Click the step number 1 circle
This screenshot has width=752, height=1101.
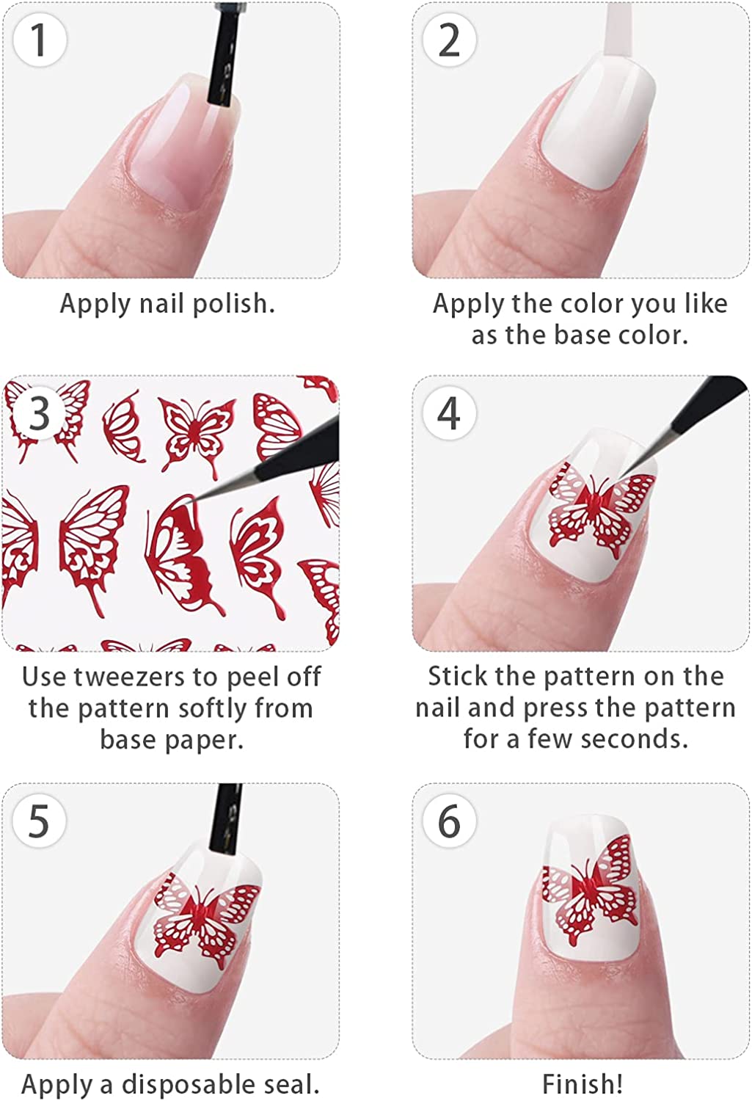pyautogui.click(x=40, y=40)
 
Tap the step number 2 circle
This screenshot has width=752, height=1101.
pyautogui.click(x=449, y=40)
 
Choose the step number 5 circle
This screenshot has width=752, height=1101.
pyautogui.click(x=40, y=821)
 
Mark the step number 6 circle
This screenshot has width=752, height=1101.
pyautogui.click(x=449, y=821)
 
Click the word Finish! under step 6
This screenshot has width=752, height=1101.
pyautogui.click(x=582, y=1083)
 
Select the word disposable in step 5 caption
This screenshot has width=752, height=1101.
pyautogui.click(x=188, y=1083)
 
